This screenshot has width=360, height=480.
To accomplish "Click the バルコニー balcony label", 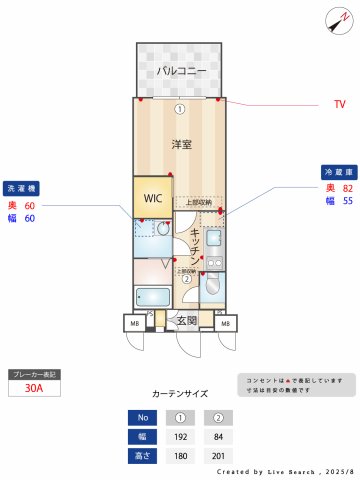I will [181, 71].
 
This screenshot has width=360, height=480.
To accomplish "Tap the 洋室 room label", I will [180, 144].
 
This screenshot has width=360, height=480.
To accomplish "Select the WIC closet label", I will [153, 198].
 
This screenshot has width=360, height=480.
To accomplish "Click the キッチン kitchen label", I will [197, 245].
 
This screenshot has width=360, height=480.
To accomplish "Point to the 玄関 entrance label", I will [187, 320].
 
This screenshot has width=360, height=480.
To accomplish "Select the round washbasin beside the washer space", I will [163, 229].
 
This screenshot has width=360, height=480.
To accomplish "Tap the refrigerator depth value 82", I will [348, 188].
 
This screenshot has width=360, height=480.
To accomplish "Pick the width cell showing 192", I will [181, 436].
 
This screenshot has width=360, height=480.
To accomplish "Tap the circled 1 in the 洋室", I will [180, 108].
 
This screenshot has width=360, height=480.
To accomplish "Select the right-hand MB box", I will [226, 323].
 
